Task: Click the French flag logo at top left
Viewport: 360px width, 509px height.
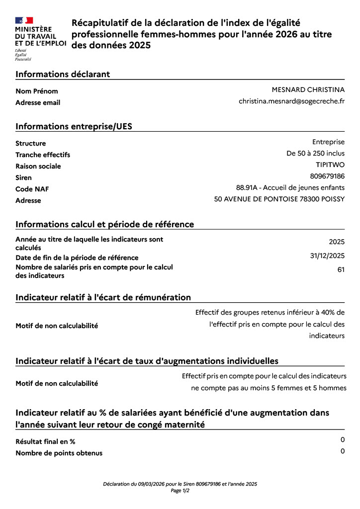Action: [x=24, y=20]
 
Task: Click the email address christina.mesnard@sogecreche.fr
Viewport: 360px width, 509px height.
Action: [x=291, y=101]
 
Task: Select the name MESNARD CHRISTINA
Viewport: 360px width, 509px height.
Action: [x=308, y=89]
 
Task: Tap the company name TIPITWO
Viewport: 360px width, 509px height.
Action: [x=330, y=165]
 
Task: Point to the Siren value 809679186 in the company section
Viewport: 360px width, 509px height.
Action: [x=327, y=176]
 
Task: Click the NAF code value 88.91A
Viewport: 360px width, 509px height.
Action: [x=248, y=187]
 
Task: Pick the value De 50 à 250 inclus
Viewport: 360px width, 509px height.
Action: [x=315, y=153]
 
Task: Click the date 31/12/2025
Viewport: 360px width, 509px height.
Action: [x=327, y=255]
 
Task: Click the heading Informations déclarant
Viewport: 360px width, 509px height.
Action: [x=63, y=74]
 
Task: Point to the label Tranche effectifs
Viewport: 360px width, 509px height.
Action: [x=43, y=155]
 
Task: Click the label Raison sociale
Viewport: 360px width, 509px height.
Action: [x=38, y=166]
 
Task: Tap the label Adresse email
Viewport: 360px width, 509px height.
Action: [x=38, y=102]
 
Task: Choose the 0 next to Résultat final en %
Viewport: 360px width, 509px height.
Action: [x=343, y=439]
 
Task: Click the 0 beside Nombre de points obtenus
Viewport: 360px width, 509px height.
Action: [x=343, y=451]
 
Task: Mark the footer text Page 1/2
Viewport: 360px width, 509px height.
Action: [x=180, y=490]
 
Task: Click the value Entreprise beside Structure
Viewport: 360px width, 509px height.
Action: [x=328, y=142]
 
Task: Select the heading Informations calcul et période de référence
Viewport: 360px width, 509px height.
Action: [x=104, y=224]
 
